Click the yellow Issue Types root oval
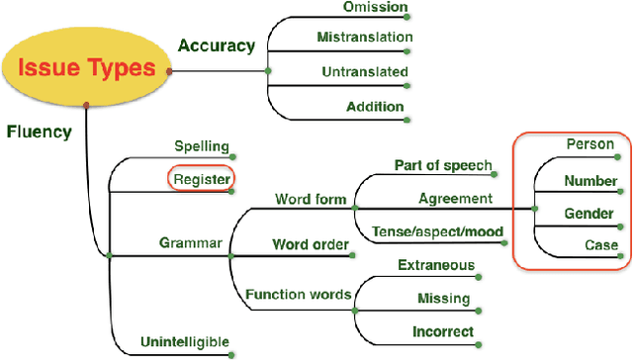click(88, 68)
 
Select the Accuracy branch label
click(216, 45)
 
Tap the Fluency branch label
click(39, 131)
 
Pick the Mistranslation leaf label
click(364, 39)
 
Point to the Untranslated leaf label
click(364, 71)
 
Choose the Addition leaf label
click(375, 106)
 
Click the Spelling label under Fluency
click(202, 146)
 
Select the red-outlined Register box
click(201, 179)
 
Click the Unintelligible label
click(186, 342)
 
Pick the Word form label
click(311, 199)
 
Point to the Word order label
click(311, 244)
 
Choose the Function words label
click(299, 294)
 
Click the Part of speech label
click(442, 164)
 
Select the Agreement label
click(455, 198)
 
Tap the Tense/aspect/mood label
click(438, 232)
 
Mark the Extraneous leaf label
click(435, 265)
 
